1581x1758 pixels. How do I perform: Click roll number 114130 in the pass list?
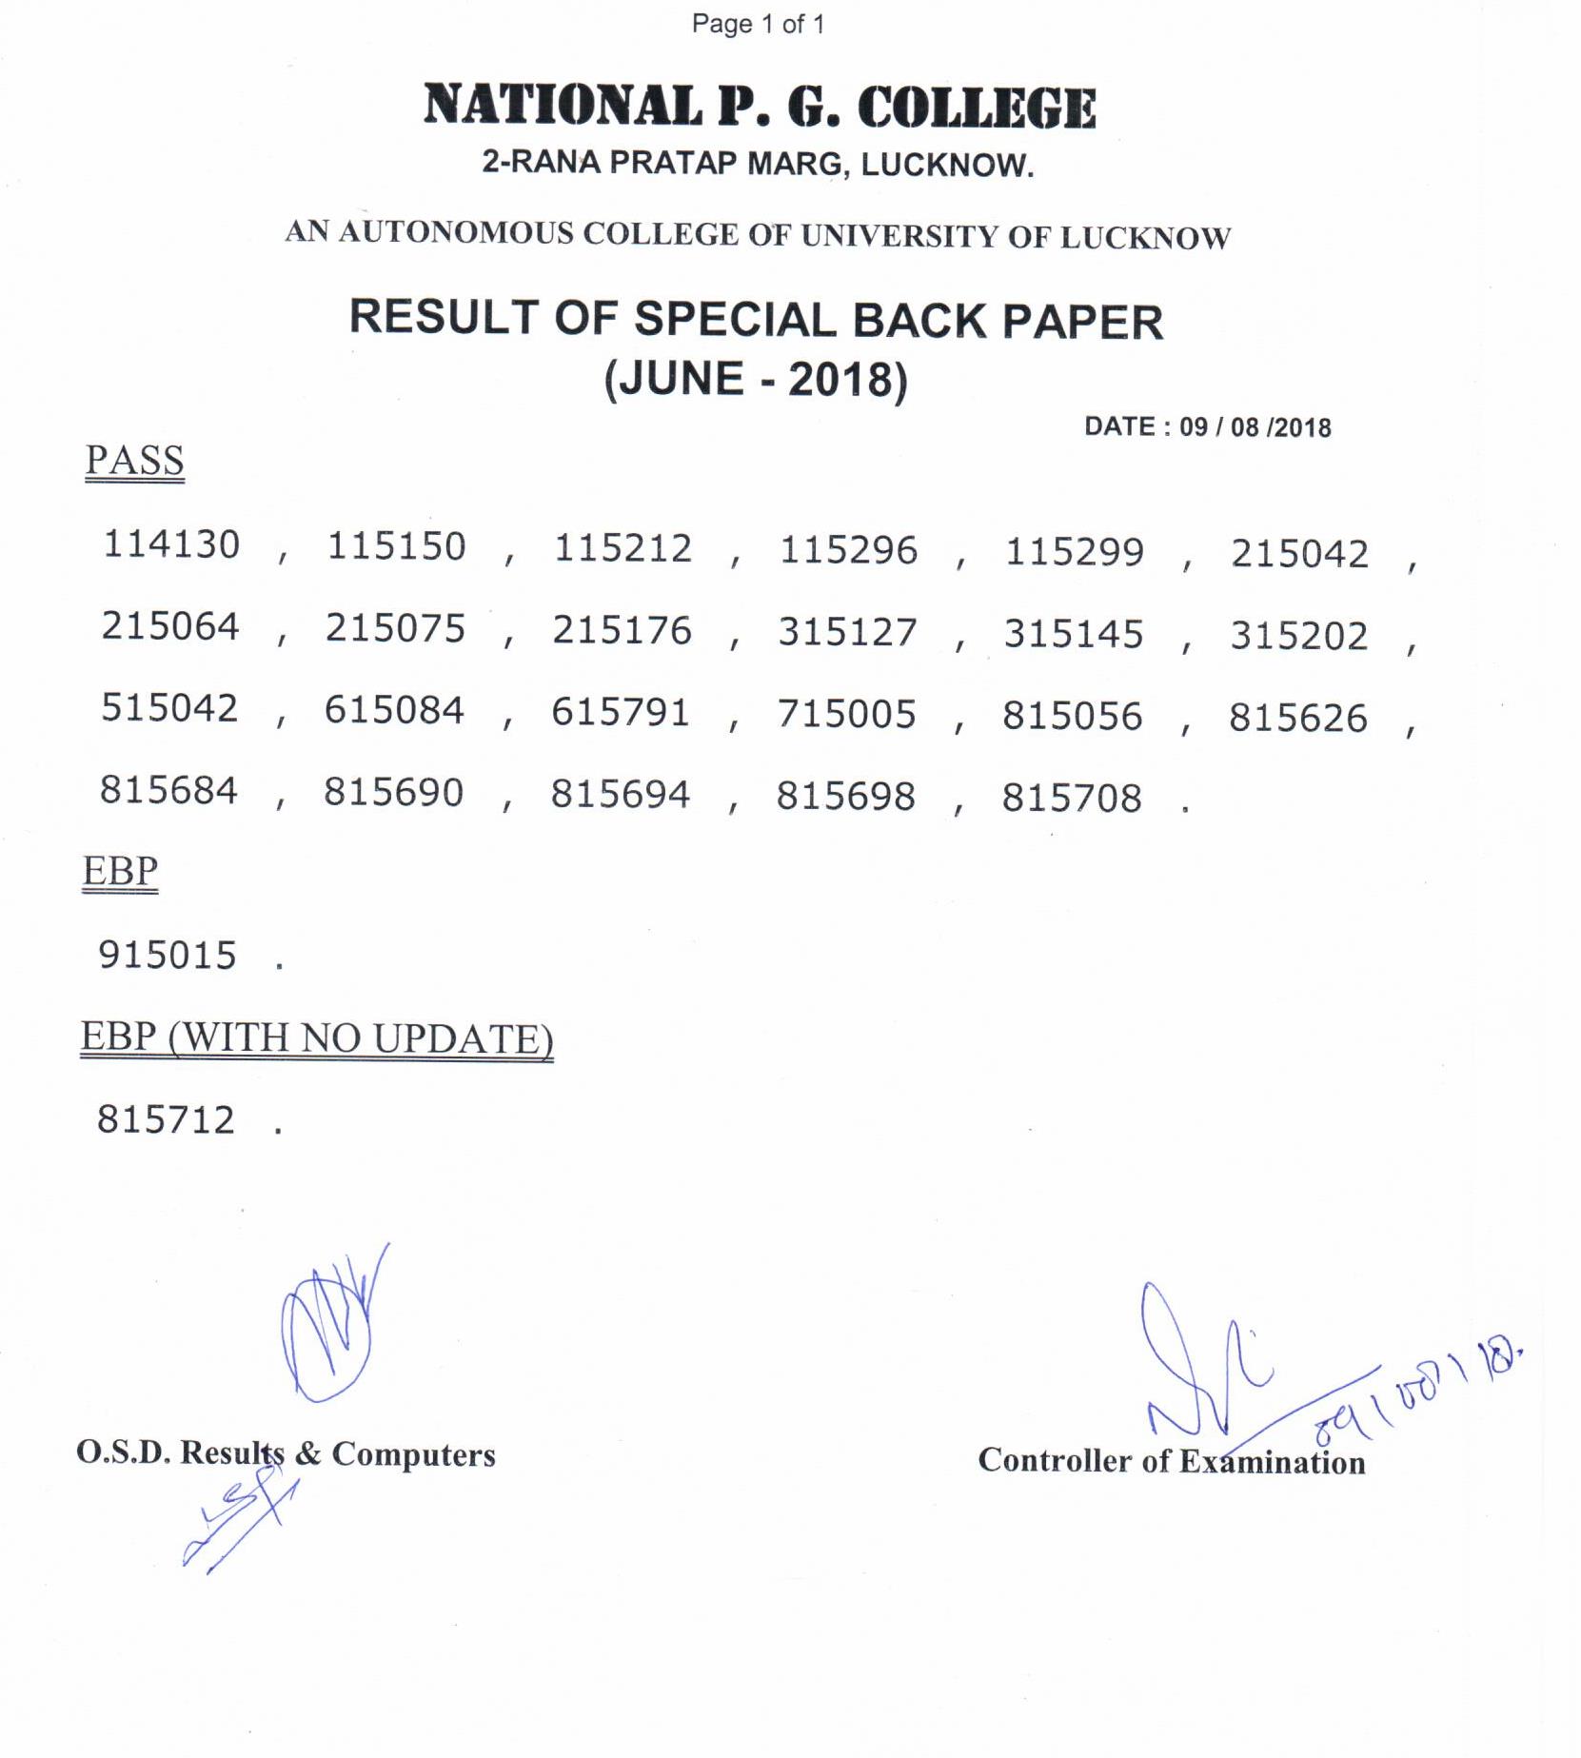pyautogui.click(x=171, y=544)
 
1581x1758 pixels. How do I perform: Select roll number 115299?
pyautogui.click(x=1075, y=552)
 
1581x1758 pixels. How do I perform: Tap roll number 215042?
pyautogui.click(x=1300, y=554)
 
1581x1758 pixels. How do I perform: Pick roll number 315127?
pyautogui.click(x=848, y=633)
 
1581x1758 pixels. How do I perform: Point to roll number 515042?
pyautogui.click(x=169, y=708)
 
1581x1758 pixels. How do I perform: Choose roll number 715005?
pyautogui.click(x=847, y=715)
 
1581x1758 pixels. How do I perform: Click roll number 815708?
pyautogui.click(x=1072, y=798)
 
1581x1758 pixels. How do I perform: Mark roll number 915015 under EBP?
pyautogui.click(x=168, y=955)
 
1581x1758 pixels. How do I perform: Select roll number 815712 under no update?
pyautogui.click(x=166, y=1120)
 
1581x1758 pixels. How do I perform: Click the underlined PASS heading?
pyautogui.click(x=134, y=461)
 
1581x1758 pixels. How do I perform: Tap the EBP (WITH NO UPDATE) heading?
pyautogui.click(x=317, y=1037)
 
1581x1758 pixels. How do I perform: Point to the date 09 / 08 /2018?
pyautogui.click(x=1255, y=427)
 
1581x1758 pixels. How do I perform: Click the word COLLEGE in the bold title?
pyautogui.click(x=977, y=107)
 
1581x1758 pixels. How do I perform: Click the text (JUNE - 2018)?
pyautogui.click(x=757, y=379)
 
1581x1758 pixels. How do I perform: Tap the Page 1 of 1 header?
pyautogui.click(x=758, y=25)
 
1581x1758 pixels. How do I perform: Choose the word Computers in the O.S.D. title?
pyautogui.click(x=413, y=1454)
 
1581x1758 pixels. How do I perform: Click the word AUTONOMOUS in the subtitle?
pyautogui.click(x=456, y=233)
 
